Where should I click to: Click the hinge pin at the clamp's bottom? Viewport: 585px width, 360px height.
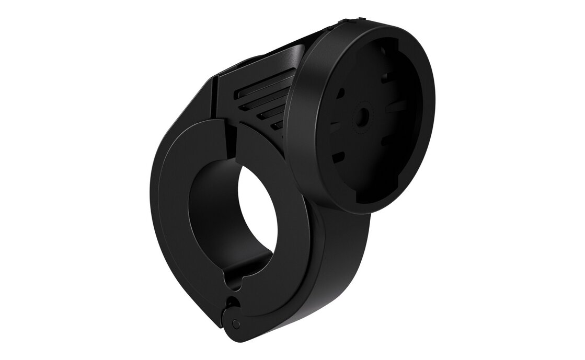pos(236,324)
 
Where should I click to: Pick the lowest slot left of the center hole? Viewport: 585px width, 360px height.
pos(338,155)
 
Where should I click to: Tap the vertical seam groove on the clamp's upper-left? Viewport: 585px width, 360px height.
pos(215,99)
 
